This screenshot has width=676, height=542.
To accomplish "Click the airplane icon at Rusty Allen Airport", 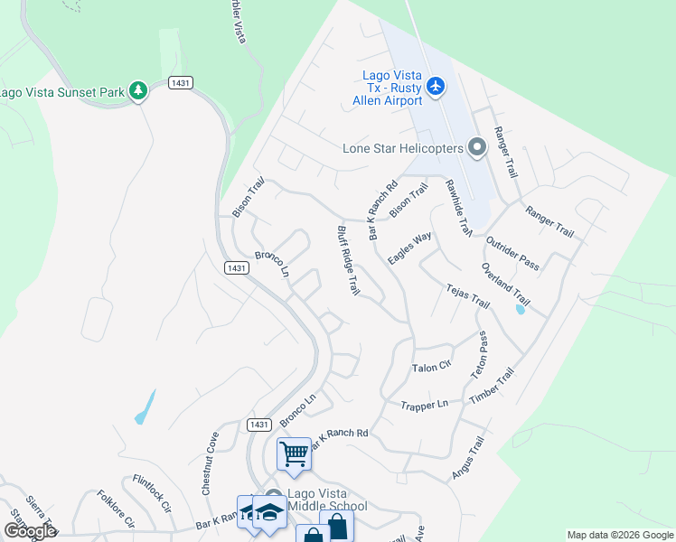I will [x=437, y=87].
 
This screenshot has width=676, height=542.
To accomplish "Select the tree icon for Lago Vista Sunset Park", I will [x=137, y=90].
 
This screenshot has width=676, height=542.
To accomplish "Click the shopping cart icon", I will [x=294, y=453].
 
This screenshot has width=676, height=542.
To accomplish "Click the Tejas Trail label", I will [x=467, y=296].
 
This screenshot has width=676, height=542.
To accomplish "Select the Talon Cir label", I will [x=431, y=368].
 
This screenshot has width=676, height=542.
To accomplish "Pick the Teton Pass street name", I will [x=479, y=354].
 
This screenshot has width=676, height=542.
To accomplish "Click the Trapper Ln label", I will [x=424, y=405].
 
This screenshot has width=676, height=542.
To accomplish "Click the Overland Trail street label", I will [x=505, y=283].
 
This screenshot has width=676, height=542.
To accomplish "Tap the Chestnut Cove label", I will [x=211, y=463].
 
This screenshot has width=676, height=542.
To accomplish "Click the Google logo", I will [x=30, y=531].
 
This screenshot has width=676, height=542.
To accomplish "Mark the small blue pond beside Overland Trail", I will [x=519, y=310].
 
